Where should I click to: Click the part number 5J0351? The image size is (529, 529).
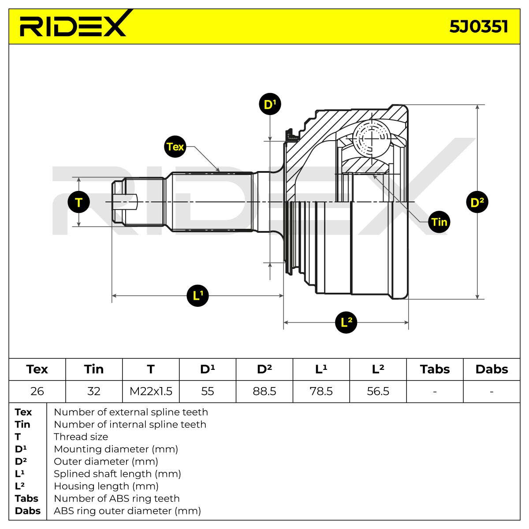(478, 26)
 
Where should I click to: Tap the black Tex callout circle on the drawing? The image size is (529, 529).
(175, 147)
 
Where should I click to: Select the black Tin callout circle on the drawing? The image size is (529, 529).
(439, 222)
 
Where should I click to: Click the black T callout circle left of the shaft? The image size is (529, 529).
(79, 202)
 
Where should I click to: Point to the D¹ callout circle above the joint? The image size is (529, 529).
(270, 104)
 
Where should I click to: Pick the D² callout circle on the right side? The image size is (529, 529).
(477, 202)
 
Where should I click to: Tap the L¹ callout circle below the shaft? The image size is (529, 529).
(197, 296)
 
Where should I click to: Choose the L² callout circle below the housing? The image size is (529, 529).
(346, 322)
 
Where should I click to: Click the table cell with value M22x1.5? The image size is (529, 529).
(151, 391)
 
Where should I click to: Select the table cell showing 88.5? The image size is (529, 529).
(264, 391)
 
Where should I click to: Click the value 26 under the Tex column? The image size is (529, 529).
(37, 391)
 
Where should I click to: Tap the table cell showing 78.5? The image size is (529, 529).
(321, 391)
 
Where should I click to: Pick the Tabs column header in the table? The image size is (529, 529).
(435, 369)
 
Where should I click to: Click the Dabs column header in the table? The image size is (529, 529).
(492, 369)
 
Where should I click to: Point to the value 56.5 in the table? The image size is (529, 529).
(378, 391)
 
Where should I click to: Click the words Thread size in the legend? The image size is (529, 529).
(81, 436)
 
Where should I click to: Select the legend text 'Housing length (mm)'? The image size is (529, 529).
(106, 486)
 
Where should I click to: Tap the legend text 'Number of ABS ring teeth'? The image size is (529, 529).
(117, 498)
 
